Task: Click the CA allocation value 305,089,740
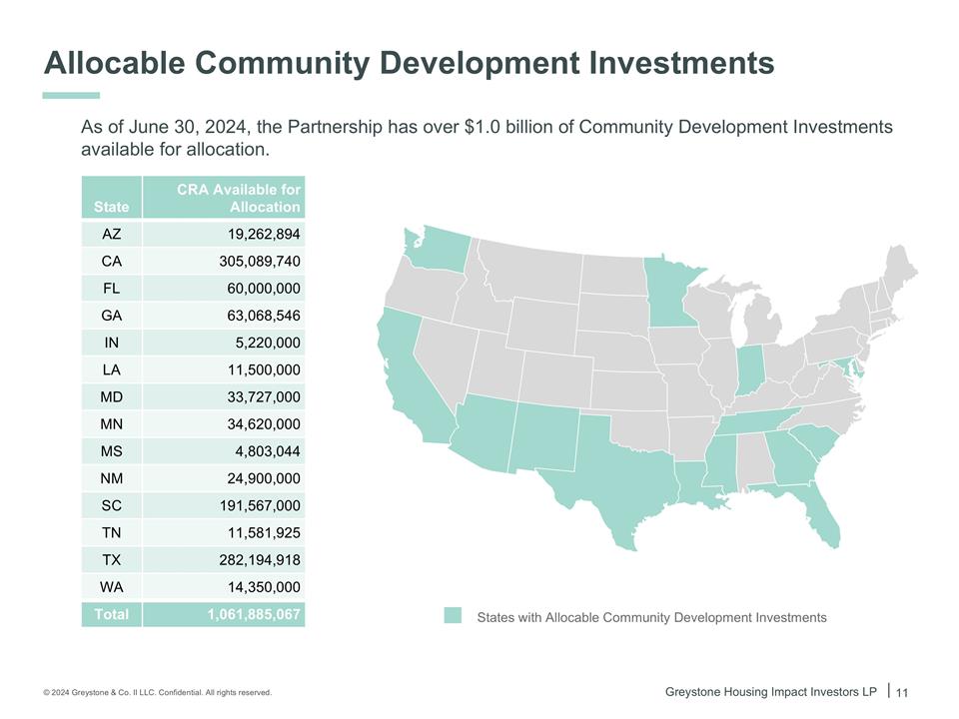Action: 260,262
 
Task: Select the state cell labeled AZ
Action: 112,235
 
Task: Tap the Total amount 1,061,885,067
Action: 254,614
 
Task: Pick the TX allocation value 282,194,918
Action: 260,559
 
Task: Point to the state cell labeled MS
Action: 112,451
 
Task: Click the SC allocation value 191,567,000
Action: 260,505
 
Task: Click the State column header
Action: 112,207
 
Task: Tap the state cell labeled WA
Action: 112,587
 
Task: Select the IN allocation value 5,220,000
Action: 265,343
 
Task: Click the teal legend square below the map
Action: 454,616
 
